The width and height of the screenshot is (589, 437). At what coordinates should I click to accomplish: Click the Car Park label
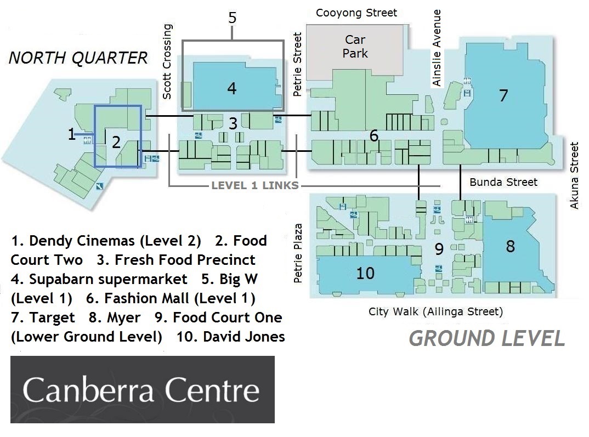point(355,47)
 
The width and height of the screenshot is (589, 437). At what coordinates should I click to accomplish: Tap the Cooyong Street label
point(356,13)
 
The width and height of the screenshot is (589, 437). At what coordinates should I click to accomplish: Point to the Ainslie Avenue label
point(436,48)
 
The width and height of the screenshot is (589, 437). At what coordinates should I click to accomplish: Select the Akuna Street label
point(574,175)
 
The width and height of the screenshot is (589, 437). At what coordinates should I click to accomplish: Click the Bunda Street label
point(503,182)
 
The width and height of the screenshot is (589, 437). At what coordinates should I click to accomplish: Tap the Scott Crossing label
point(167,61)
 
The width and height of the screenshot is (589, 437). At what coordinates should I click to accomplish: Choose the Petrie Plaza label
point(297,253)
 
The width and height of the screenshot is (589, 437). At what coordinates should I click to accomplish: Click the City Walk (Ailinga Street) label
point(435,311)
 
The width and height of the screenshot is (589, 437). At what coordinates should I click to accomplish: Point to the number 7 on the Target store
point(503,95)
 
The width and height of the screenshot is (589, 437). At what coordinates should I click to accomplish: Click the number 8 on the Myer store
point(510,246)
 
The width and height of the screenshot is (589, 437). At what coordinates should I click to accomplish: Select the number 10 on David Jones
point(365,273)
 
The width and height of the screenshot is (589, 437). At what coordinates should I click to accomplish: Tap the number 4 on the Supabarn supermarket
point(232,88)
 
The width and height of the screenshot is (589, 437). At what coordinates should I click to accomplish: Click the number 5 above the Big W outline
point(233,18)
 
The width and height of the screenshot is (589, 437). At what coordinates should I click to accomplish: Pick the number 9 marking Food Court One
point(439,249)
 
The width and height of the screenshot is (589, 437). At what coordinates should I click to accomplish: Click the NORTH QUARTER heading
point(78,58)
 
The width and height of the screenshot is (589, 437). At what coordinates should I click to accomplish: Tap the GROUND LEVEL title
point(487,338)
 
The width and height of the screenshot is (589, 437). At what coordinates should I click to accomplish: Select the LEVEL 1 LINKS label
point(255,185)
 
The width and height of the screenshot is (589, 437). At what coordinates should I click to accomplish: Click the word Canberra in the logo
point(88,390)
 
